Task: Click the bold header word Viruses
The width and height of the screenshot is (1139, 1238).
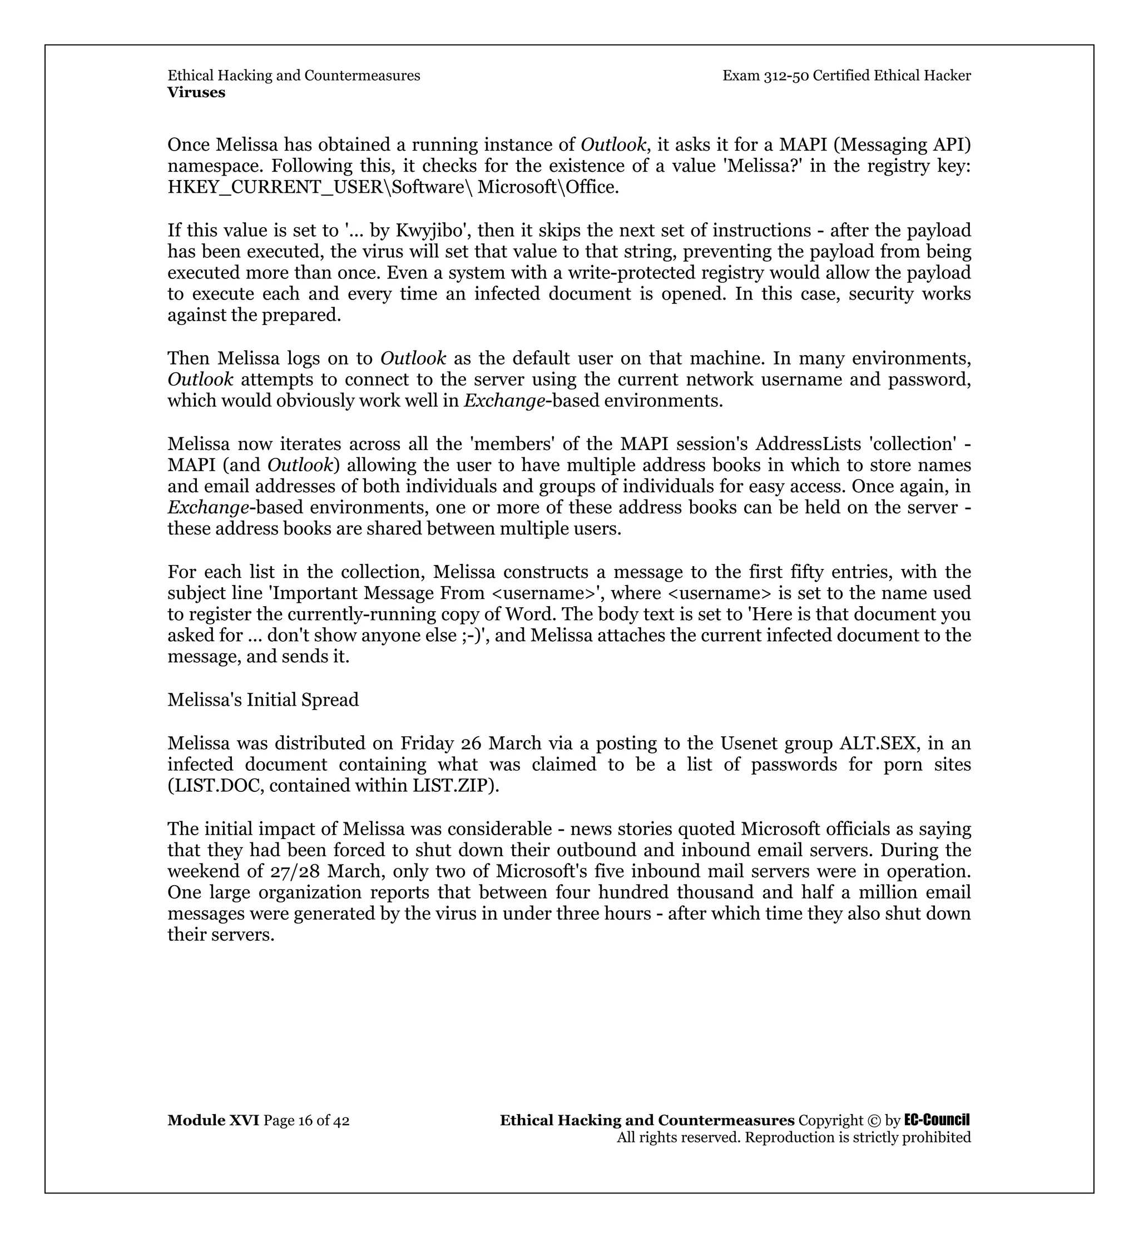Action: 196,92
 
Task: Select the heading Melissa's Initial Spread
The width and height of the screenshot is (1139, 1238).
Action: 263,700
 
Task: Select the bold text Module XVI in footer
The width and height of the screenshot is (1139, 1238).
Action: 213,1121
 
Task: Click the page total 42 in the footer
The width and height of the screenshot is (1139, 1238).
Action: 341,1121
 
